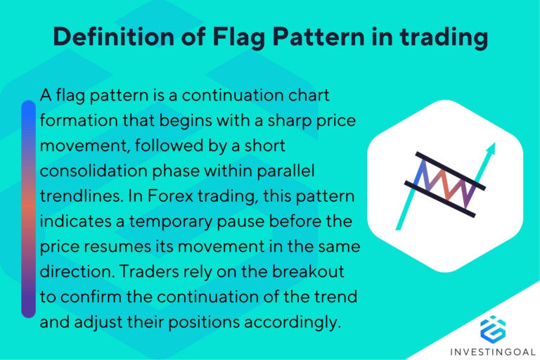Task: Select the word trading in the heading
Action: tap(440, 37)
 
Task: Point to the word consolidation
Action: tap(87, 171)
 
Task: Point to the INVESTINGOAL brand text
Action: tap(492, 351)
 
